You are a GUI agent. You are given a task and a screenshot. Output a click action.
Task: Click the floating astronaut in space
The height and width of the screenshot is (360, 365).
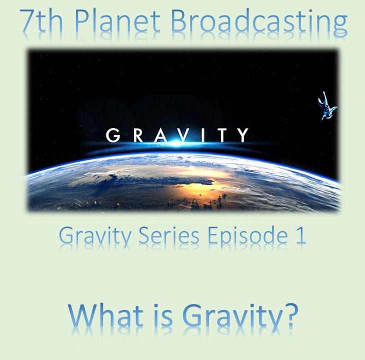(x=328, y=106)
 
